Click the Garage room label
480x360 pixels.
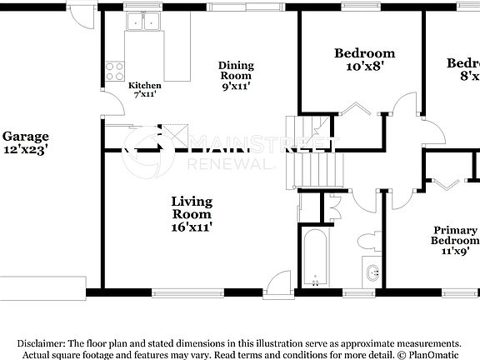25,136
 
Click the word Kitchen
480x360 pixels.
144,86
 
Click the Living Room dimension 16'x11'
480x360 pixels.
192,226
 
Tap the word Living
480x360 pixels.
192,202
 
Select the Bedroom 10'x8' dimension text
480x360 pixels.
364,68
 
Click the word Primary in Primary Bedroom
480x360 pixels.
455,230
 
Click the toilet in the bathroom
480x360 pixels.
367,242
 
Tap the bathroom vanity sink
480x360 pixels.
372,272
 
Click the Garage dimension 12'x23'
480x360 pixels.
25,150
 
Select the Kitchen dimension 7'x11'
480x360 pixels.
144,95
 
